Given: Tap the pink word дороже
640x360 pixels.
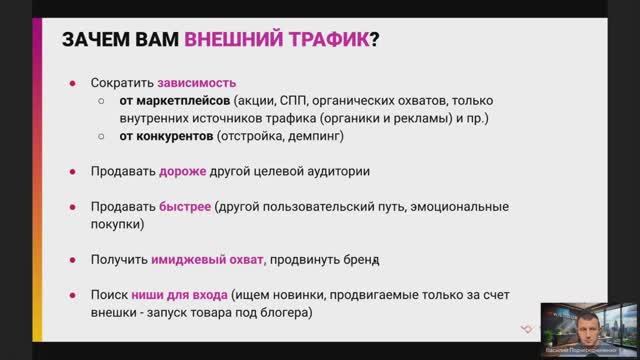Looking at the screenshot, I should tap(182, 171).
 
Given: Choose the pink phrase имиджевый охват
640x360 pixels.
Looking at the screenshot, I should tap(208, 259).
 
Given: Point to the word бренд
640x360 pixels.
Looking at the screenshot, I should tap(361, 259).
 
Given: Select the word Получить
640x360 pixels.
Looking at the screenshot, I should tap(118, 259).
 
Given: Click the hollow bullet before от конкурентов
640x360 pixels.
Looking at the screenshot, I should tap(102, 137).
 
